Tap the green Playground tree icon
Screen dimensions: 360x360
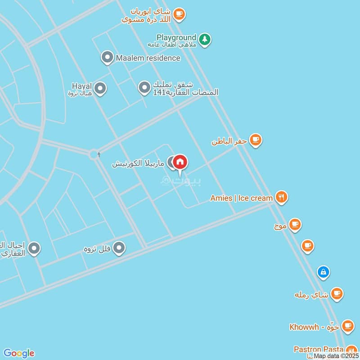point(205,40)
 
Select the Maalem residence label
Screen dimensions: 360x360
point(148,58)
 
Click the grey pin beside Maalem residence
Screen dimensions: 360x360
point(107,58)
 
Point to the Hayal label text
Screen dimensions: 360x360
point(81,85)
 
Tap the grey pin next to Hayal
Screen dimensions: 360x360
point(100,89)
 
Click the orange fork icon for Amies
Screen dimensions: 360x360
point(282,197)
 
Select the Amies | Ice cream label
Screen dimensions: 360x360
point(242,198)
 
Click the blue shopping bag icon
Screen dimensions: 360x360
point(323,272)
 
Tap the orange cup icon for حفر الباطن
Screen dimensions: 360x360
point(256,140)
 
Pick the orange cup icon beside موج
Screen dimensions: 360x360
point(295,224)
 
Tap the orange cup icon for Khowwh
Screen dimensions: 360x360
point(347,325)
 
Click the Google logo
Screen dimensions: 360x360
point(19,353)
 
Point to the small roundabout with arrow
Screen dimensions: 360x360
point(94,155)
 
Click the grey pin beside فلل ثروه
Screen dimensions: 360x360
point(119,247)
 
